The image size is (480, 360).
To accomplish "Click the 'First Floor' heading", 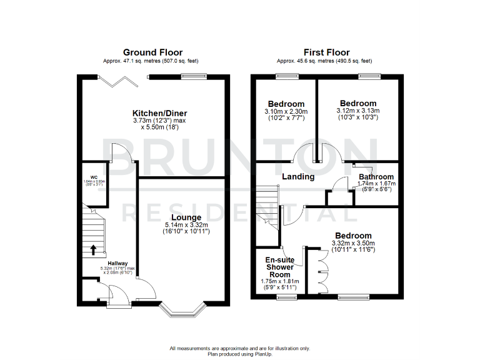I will point(326,52).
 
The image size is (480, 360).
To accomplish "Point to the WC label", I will point(94,176).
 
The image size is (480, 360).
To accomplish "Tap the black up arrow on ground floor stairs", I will point(94,250).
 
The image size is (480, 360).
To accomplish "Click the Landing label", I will point(298,177).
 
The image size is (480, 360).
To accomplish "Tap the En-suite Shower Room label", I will point(279,267).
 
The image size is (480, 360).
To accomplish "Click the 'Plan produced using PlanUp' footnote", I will point(239,354).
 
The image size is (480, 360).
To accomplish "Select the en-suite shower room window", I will point(287,299).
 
